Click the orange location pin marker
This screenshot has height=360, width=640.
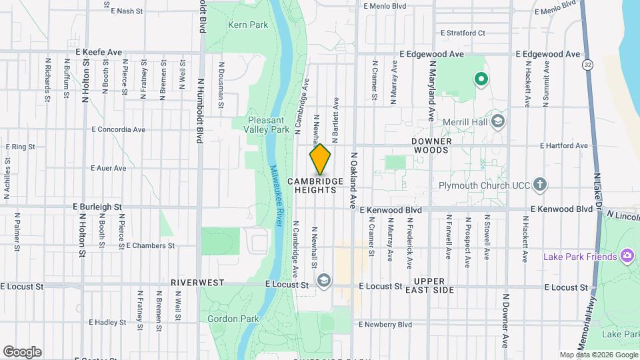pyautogui.click(x=320, y=159)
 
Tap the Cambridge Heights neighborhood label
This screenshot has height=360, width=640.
pyautogui.click(x=316, y=185)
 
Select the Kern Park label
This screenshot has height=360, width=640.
pyautogui.click(x=247, y=25)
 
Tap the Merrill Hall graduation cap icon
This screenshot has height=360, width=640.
pyautogui.click(x=498, y=121)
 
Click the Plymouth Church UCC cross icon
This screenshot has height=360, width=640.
pyautogui.click(x=540, y=184)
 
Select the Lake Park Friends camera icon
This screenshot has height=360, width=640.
pyautogui.click(x=626, y=256)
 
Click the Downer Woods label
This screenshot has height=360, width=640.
pyautogui.click(x=431, y=146)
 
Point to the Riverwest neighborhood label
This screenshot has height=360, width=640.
pyautogui.click(x=197, y=283)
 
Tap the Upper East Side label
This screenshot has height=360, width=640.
pyautogui.click(x=434, y=285)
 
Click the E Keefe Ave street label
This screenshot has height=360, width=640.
pyautogui.click(x=99, y=51)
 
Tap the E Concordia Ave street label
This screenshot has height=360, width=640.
pyautogui.click(x=119, y=129)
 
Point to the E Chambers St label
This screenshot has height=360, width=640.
pyautogui.click(x=150, y=245)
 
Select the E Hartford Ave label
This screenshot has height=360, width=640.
pyautogui.click(x=564, y=145)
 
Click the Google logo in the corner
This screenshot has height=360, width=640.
pyautogui.click(x=22, y=351)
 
